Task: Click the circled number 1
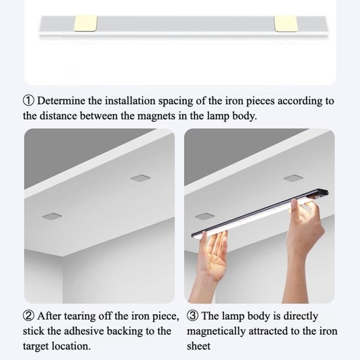[29, 101]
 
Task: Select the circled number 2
[29, 317]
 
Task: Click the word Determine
[63, 101]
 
